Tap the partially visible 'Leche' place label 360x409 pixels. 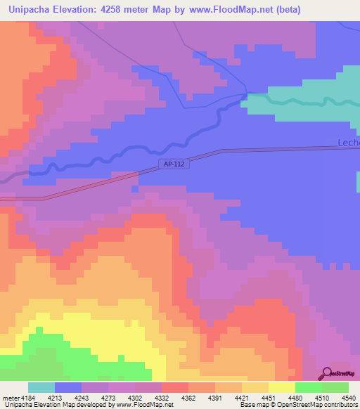(x=349, y=142)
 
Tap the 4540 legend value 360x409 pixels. (x=349, y=397)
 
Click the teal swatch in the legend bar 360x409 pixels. (x=41, y=387)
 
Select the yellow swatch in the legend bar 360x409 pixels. (x=281, y=387)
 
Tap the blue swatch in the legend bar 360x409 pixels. (x=67, y=387)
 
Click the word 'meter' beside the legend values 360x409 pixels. (x=11, y=397)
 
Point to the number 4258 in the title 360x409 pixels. (x=126, y=10)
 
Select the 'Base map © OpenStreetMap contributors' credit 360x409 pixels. (x=295, y=405)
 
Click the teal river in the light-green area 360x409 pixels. (x=309, y=103)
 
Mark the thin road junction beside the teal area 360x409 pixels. (x=245, y=94)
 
